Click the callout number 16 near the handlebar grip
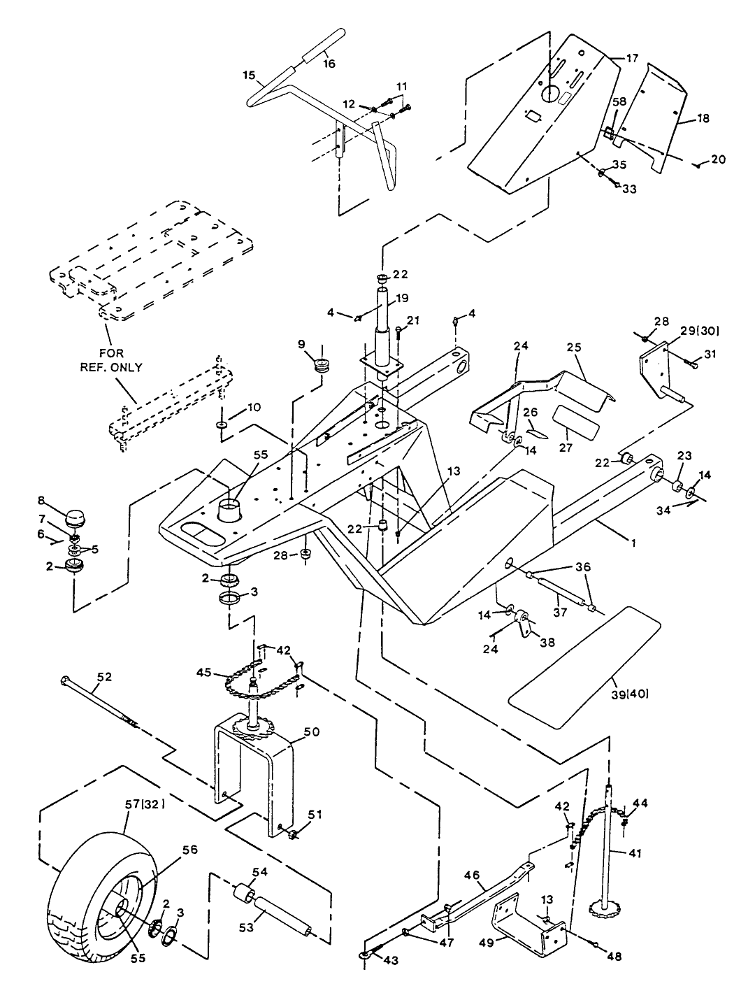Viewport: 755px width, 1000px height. pyautogui.click(x=329, y=64)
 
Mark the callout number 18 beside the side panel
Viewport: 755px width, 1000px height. pyautogui.click(x=702, y=119)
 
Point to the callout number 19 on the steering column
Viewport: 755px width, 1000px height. pyautogui.click(x=401, y=297)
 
